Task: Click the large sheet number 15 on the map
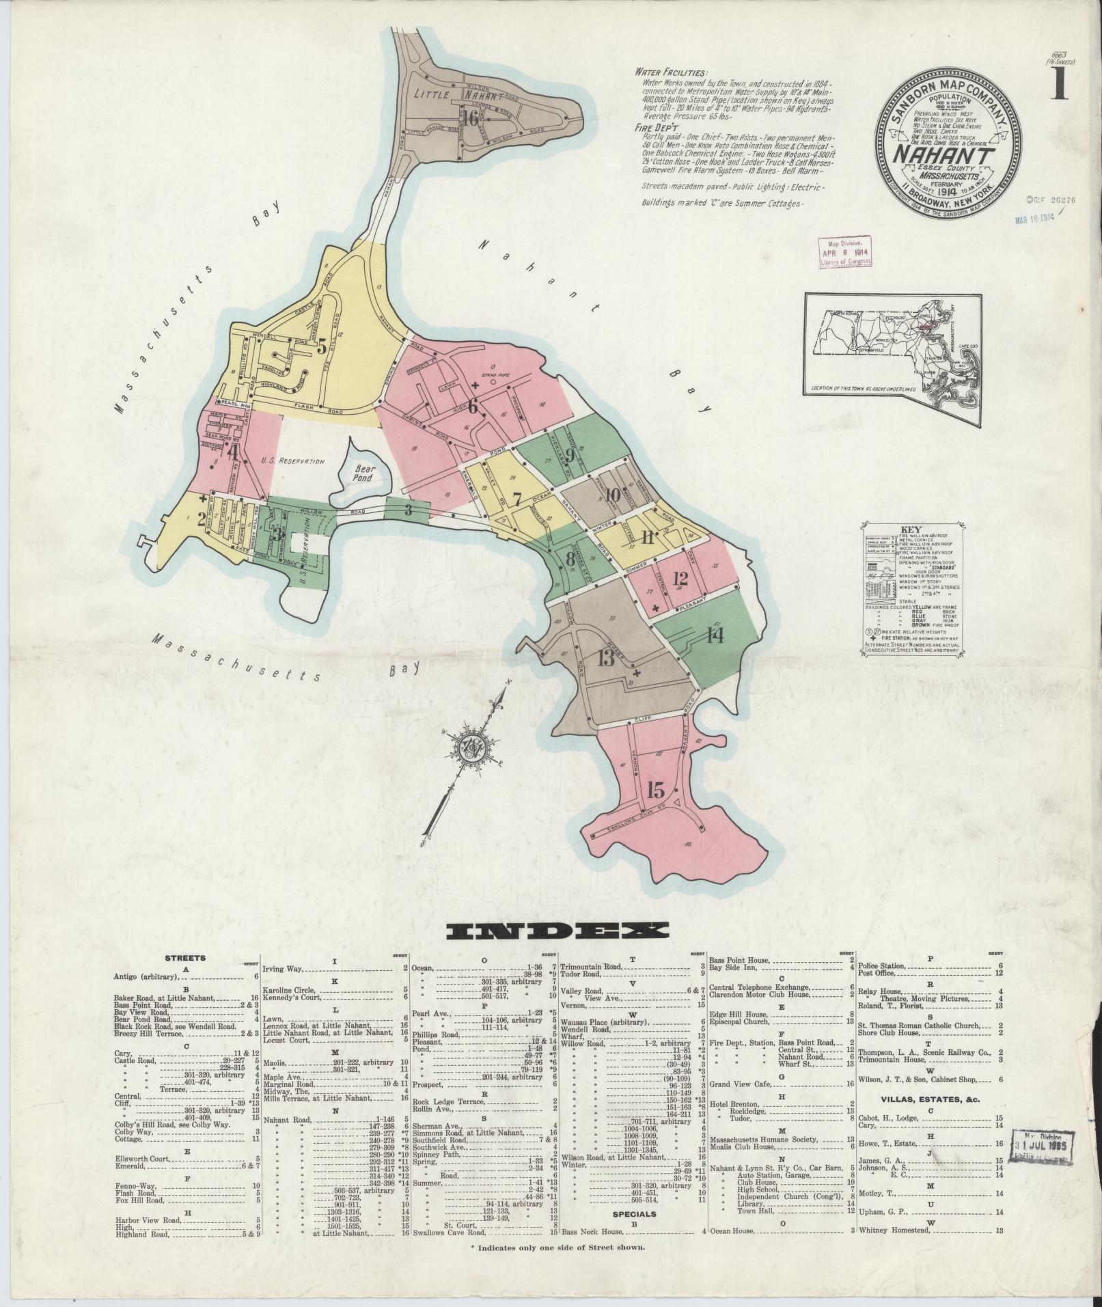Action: [655, 790]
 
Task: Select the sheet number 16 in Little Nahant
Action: [470, 118]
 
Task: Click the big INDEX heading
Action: [557, 931]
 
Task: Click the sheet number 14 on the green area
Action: [715, 636]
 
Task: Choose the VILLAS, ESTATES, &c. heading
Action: [930, 1100]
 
